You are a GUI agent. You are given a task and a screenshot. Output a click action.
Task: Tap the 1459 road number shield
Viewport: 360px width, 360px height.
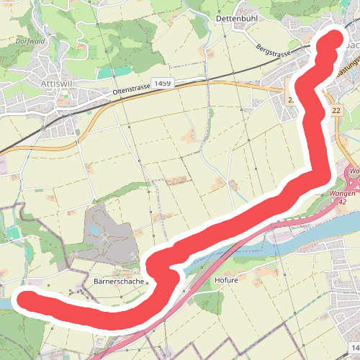click(162, 84)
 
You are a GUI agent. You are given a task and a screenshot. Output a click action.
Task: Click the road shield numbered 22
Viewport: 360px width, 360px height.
click(336, 110)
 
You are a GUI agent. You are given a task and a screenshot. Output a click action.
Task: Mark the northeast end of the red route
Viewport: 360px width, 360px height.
click(333, 39)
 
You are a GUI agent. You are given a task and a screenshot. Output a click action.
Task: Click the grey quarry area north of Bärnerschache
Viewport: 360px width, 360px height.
click(108, 234)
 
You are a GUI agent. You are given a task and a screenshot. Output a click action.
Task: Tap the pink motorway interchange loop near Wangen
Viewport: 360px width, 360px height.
click(354, 174)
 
